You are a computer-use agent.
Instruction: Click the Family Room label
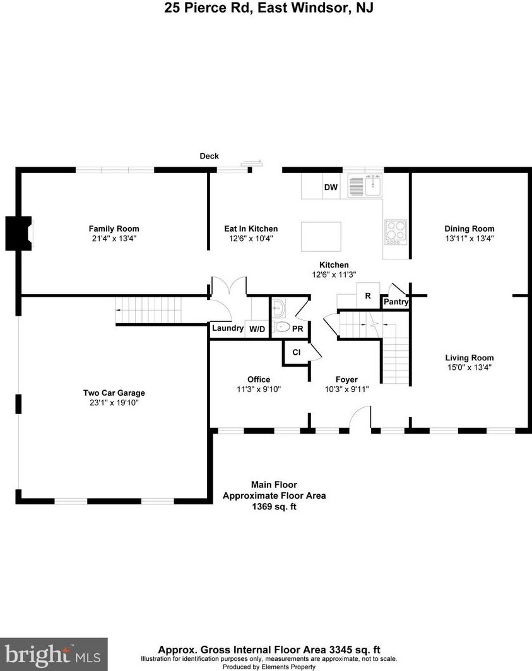tap(114, 229)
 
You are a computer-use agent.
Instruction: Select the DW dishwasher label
tap(331, 187)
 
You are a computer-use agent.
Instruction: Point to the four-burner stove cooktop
tap(396, 230)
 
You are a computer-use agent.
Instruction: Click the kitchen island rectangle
tap(321, 237)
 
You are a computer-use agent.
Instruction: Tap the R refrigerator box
tap(367, 295)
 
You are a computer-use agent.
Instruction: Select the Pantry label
tap(396, 302)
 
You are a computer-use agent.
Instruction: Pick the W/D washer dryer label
tap(257, 329)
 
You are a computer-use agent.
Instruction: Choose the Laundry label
tap(227, 328)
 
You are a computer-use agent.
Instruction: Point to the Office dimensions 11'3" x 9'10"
tap(259, 389)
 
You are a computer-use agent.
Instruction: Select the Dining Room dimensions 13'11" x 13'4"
tap(469, 239)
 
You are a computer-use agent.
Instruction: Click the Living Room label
tap(469, 357)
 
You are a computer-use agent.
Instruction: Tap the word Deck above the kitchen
tap(209, 156)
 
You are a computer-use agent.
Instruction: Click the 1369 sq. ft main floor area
tap(274, 506)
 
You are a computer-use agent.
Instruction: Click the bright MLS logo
tap(54, 654)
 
